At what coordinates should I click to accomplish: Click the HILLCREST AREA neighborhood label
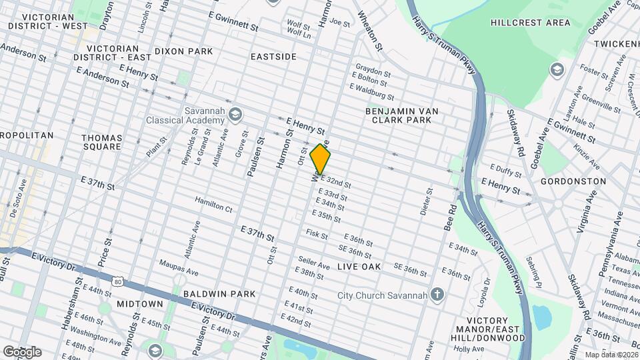pos(530,23)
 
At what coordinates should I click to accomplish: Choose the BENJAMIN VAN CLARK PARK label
pos(398,115)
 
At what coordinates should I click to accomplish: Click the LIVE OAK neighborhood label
pos(359,267)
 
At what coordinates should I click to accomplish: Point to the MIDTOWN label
pos(140,304)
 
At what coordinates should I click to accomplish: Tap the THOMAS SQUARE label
pos(101,142)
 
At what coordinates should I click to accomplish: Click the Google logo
pos(22,351)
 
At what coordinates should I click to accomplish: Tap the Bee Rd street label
pos(451,218)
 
